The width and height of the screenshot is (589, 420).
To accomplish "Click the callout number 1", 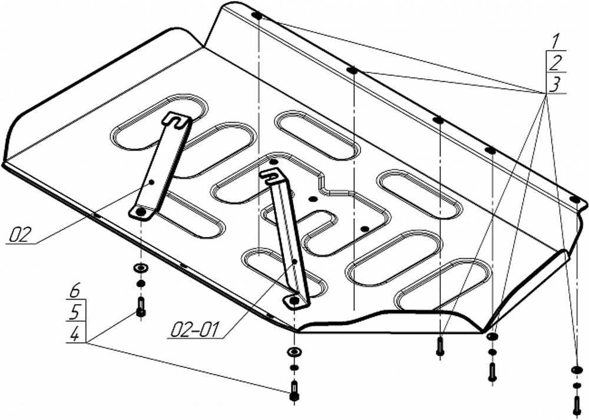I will [x=554, y=42].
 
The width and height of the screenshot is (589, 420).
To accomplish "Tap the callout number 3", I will [x=554, y=84].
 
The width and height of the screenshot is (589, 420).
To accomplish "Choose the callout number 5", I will [x=75, y=312].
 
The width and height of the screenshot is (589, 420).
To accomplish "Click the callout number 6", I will [x=75, y=291].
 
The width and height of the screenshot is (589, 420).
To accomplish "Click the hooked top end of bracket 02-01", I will [x=272, y=175].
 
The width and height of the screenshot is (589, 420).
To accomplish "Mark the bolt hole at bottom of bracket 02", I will [x=141, y=211].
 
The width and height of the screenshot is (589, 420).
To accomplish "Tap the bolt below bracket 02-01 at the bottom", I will [x=294, y=391].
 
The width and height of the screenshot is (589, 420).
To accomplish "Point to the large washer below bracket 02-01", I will [x=294, y=353].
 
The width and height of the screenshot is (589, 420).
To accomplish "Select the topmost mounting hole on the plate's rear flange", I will [x=257, y=15].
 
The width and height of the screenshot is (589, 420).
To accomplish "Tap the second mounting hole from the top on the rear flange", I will [x=352, y=71].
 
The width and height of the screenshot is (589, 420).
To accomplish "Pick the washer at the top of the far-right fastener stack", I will [x=576, y=370].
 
